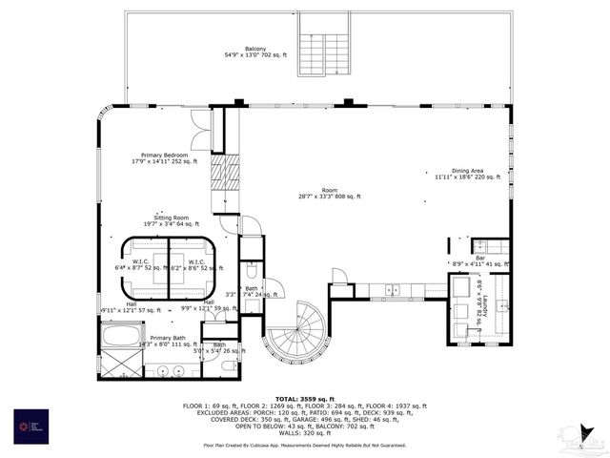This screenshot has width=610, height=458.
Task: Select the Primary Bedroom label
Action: [x=164, y=158]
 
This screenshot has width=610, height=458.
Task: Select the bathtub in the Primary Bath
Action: [x=122, y=335]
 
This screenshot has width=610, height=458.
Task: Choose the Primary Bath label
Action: [x=167, y=341]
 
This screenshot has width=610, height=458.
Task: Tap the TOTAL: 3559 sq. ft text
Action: [x=305, y=398]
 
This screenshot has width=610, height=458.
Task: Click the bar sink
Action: [x=480, y=246]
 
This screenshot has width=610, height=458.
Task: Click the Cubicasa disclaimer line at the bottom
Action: [x=305, y=445]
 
